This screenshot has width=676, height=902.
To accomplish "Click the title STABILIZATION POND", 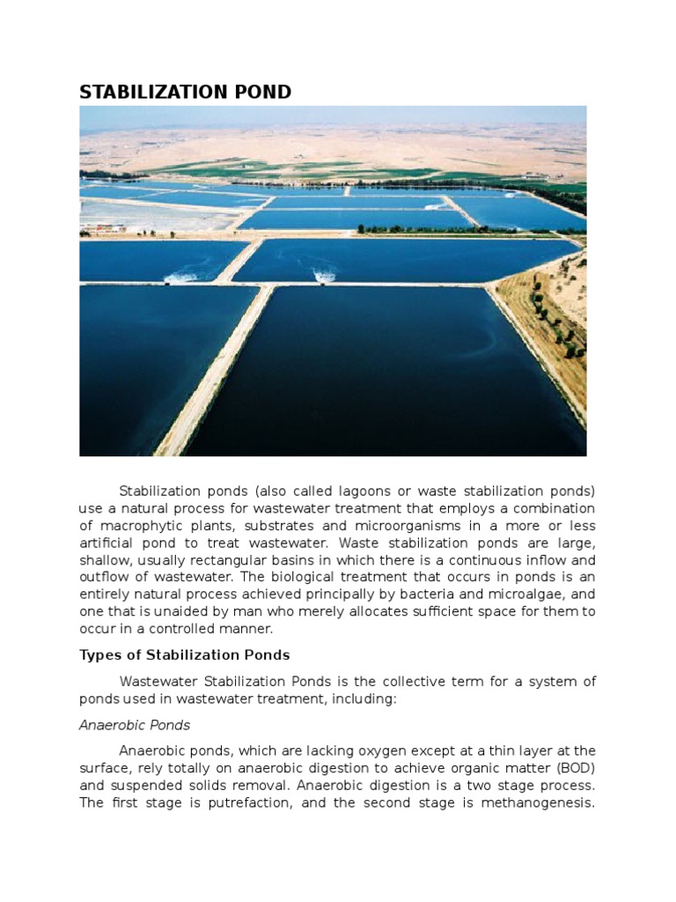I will point(185,92).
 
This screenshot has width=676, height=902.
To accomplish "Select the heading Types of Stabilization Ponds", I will point(184,654).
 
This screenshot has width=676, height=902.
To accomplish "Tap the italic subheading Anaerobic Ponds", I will point(135,725).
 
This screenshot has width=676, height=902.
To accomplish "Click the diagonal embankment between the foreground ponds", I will point(216,370).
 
